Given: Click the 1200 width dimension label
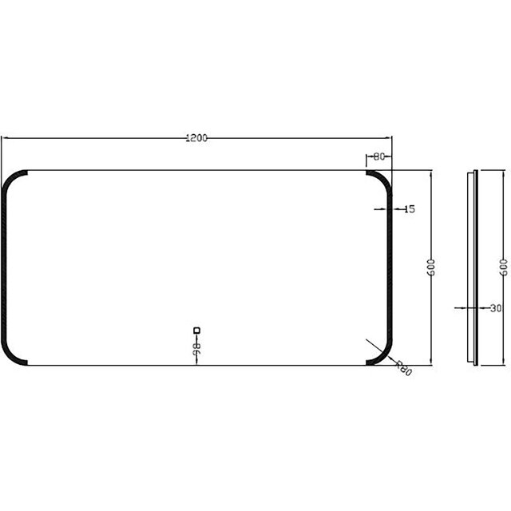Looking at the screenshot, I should tap(196, 138).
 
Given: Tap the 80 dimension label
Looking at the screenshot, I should tap(378, 156).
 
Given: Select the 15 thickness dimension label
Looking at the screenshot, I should tap(410, 209).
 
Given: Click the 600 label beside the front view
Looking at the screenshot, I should tap(431, 267).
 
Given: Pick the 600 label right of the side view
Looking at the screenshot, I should tap(503, 267).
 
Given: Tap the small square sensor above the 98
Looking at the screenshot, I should tap(196, 329).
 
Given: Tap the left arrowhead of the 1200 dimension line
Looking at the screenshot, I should tap(5, 138).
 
